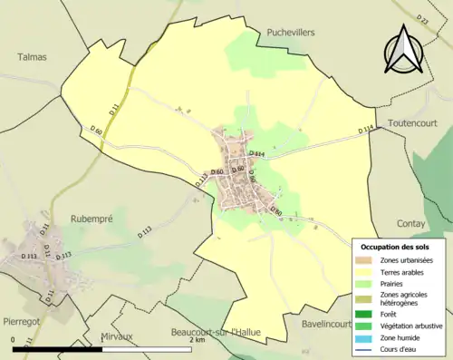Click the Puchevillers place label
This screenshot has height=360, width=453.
point(291,32)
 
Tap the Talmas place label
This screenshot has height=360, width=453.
point(32,56)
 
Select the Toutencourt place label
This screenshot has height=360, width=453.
point(412,122)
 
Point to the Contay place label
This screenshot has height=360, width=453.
point(410,222)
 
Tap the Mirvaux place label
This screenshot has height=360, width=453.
point(116,336)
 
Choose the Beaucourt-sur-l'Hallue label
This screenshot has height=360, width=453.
point(216,333)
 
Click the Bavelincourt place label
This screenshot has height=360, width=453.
point(324,323)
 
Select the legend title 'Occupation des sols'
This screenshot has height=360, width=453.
point(395,247)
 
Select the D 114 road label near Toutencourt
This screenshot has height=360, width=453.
point(365,130)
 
